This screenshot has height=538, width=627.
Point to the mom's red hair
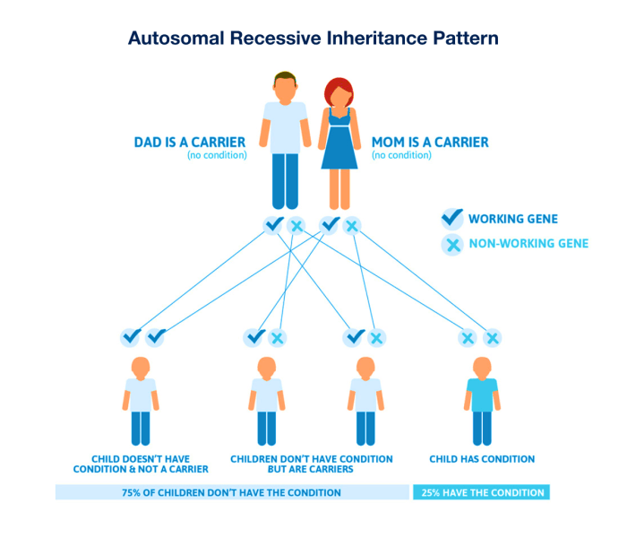tap(339, 90)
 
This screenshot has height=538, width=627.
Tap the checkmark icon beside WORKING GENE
tap(453, 218)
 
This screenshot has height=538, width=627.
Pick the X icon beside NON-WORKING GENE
tap(453, 243)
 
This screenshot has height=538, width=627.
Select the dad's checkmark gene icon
tap(273, 225)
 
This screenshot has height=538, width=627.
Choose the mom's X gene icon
tap(352, 225)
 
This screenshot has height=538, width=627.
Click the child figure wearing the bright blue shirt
tap(480, 400)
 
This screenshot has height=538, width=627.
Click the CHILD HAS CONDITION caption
tap(482, 459)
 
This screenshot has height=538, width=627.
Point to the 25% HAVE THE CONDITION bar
tap(481, 492)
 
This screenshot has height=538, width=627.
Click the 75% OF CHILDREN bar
tap(231, 492)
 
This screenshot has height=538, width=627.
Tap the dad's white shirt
tap(285, 126)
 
